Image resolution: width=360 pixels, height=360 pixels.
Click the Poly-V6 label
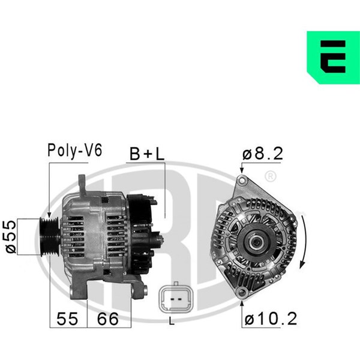pyautogui.click(x=74, y=151)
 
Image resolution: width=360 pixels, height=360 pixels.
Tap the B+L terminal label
pyautogui.click(x=147, y=154)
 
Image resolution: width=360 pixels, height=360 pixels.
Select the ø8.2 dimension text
pyautogui.click(x=263, y=154)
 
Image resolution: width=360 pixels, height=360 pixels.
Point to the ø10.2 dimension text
pyautogui.click(x=271, y=319)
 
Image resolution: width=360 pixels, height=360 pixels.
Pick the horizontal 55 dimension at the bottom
pyautogui.click(x=67, y=319)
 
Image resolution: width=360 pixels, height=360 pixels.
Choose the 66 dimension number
pyautogui.click(x=108, y=319)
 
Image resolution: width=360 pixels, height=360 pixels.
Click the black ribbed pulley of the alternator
pyautogui.click(x=50, y=236)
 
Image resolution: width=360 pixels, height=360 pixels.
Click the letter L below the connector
pyautogui.click(x=172, y=321)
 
